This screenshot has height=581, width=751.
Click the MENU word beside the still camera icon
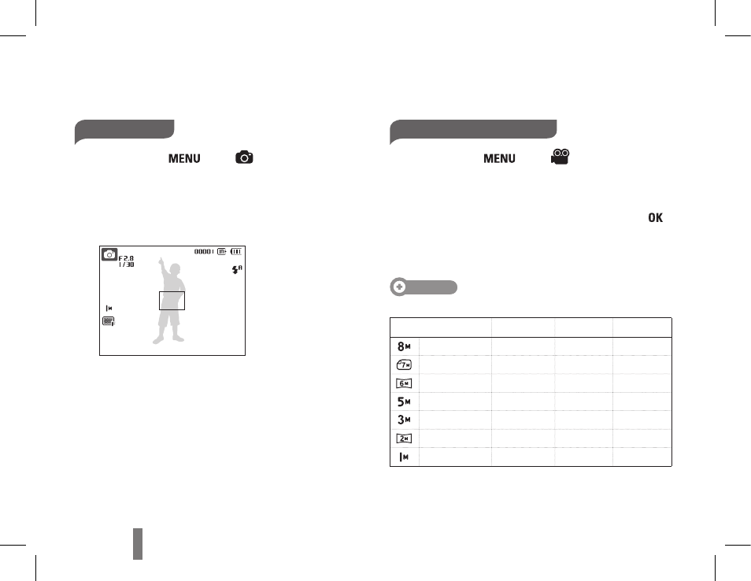point(184,158)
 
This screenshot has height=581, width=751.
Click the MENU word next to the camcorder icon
point(499,158)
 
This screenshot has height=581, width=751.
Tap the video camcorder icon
point(560,157)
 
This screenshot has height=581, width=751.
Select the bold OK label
point(655,217)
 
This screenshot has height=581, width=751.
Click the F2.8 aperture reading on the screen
point(126,258)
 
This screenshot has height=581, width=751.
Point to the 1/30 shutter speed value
point(127,265)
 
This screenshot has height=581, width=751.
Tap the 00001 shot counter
point(203,251)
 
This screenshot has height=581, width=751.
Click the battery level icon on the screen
point(236,251)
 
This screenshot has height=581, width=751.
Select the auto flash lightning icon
point(237,270)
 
